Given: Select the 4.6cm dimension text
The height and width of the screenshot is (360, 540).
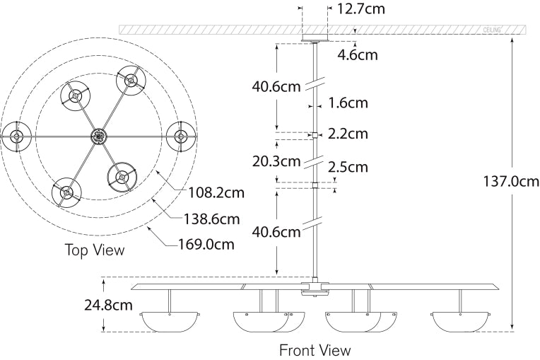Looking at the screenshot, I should [358, 54].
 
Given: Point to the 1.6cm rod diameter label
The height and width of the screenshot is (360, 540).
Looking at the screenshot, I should [348, 103].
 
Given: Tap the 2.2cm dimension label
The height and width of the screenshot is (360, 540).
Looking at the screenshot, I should [348, 134].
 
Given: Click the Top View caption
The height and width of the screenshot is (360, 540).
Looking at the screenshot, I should [95, 250].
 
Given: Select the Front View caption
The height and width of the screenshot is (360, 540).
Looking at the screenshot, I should [315, 349].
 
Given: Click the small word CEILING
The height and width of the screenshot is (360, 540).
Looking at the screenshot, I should [492, 30].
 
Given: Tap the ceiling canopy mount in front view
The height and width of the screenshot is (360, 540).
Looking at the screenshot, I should [315, 38].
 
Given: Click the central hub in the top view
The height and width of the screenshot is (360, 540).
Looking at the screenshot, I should [98, 134].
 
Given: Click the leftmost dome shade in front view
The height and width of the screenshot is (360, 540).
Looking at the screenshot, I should [169, 322].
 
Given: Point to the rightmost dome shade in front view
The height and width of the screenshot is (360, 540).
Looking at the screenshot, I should [460, 322].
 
